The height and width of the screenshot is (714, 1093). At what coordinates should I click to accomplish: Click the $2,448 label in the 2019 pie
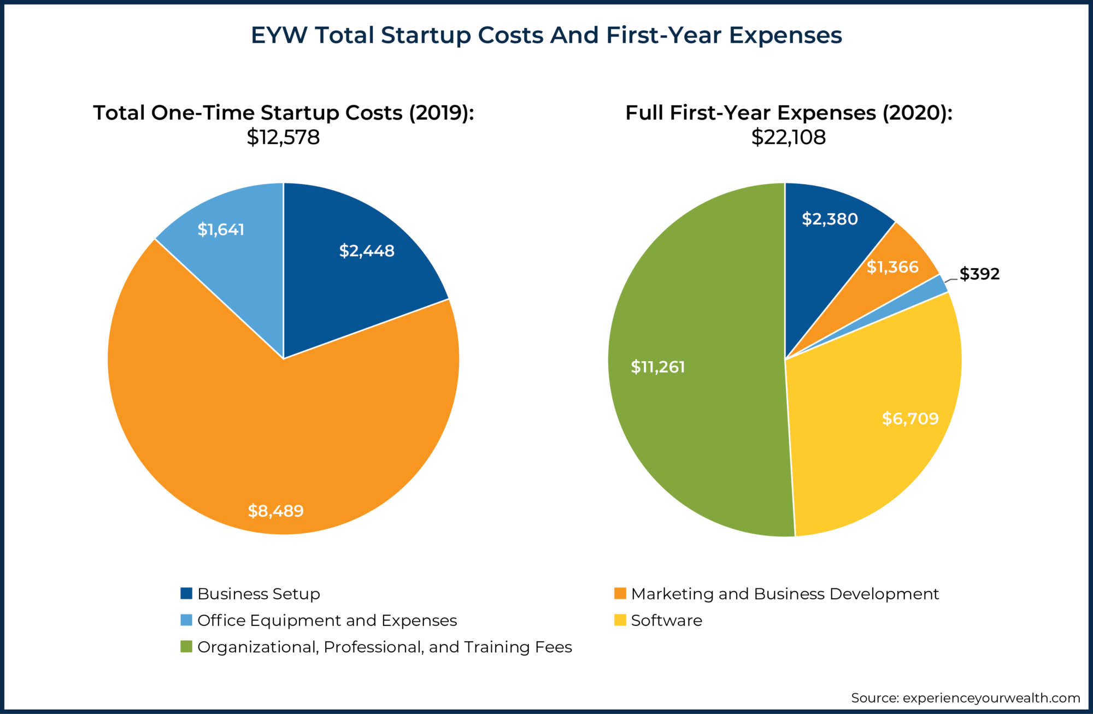(x=367, y=251)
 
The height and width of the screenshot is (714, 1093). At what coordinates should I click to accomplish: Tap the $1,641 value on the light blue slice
(x=221, y=229)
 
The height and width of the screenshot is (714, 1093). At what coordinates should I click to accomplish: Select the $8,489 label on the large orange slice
(x=275, y=511)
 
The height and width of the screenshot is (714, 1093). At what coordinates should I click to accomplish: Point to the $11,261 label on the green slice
(x=657, y=367)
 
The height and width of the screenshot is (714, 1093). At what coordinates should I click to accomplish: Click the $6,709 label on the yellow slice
(x=910, y=418)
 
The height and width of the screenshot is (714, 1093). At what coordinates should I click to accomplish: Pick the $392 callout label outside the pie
(x=979, y=274)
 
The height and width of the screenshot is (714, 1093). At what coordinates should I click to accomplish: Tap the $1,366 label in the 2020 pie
(x=892, y=267)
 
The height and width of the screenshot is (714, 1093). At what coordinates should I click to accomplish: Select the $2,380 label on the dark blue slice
(x=830, y=219)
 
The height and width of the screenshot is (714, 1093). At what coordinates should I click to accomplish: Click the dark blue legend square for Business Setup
(x=186, y=593)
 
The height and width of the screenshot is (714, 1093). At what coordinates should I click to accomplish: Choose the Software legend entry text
(x=666, y=621)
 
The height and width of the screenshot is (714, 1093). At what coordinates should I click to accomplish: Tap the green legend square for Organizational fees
(x=186, y=647)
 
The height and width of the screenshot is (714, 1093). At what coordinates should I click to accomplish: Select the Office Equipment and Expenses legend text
(x=327, y=621)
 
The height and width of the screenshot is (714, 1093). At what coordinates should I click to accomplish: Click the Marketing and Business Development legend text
(x=785, y=594)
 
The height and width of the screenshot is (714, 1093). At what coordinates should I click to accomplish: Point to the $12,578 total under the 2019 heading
(x=283, y=137)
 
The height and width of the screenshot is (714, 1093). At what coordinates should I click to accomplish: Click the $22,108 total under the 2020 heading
(x=788, y=137)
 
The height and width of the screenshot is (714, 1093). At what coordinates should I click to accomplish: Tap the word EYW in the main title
(x=279, y=36)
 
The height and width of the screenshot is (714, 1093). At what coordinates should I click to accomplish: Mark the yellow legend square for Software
(x=620, y=620)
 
